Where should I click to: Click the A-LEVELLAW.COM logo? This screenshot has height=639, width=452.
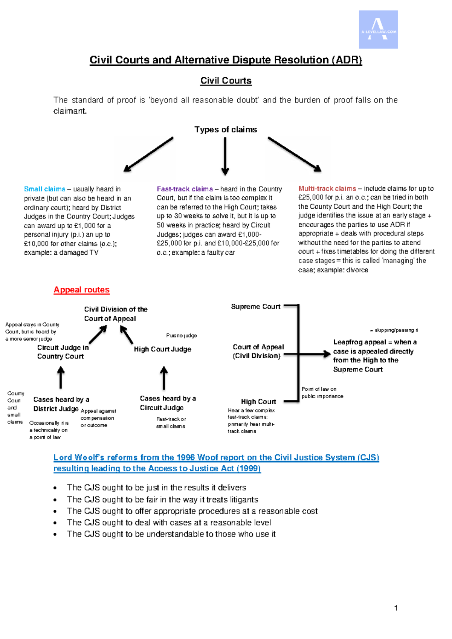378,29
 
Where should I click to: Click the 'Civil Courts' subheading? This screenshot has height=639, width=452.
226,81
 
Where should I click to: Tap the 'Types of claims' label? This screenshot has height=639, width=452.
226,130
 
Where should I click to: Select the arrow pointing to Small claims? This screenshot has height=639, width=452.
148,154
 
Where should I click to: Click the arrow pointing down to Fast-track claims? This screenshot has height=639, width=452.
225,156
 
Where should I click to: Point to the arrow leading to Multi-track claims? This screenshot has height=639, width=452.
295,154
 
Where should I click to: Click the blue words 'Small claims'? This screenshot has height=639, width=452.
44,189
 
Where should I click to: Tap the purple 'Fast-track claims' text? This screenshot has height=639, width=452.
185,189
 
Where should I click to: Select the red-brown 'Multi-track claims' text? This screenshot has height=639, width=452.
327,188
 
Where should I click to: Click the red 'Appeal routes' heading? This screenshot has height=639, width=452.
82,290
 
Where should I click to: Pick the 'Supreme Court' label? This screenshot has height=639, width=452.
255,307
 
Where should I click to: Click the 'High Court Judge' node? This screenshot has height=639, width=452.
163,349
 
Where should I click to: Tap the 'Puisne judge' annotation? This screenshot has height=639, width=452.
182,335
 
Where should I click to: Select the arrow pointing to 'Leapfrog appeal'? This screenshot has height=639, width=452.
307,354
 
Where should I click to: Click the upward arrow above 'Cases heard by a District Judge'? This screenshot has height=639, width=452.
61,378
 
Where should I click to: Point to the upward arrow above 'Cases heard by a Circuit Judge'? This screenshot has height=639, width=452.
164,378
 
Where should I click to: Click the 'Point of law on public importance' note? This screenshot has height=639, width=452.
322,393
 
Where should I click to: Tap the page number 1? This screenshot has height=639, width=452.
396,608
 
